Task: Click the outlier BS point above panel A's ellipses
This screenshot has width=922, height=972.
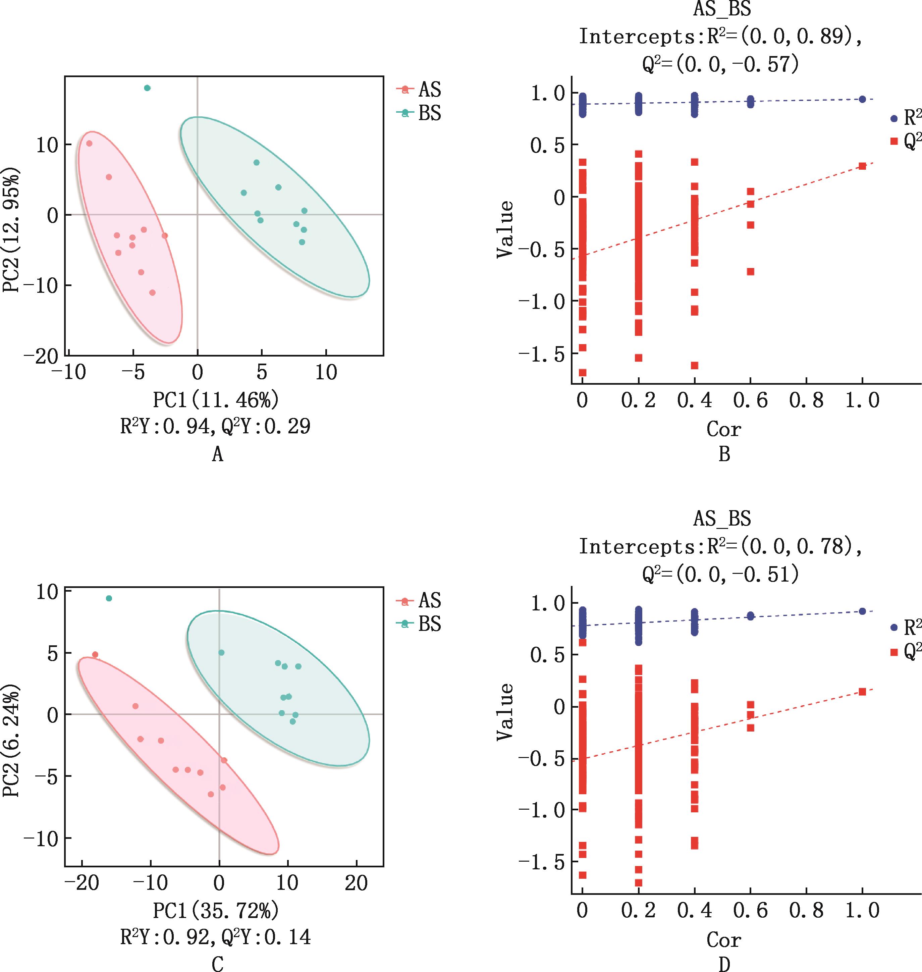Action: [x=147, y=88]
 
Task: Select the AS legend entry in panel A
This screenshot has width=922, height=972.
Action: [x=419, y=90]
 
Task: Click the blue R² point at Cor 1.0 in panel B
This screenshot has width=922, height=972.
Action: [x=862, y=99]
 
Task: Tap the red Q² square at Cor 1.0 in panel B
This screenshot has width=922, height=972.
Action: [x=862, y=166]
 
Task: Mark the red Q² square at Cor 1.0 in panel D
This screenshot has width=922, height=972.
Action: [x=862, y=692]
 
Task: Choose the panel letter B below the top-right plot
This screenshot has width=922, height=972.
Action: [x=724, y=454]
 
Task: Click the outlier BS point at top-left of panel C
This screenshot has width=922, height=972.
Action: [x=109, y=598]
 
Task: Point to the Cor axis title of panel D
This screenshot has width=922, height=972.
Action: [x=724, y=939]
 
